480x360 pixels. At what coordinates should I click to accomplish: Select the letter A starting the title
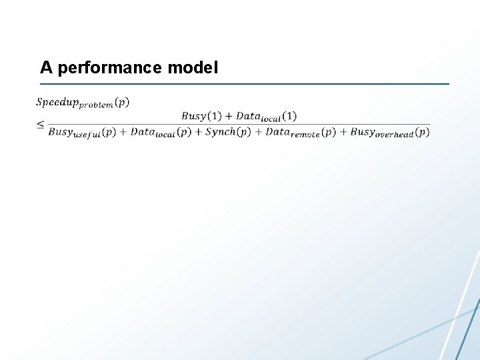(x=45, y=68)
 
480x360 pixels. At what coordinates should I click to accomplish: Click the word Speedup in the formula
(x=57, y=102)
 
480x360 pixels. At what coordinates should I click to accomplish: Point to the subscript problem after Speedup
(x=96, y=105)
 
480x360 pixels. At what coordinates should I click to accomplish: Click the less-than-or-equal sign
(x=41, y=124)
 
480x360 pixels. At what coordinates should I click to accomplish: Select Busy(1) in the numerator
(x=201, y=116)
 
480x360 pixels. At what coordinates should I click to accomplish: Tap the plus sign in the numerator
(x=228, y=116)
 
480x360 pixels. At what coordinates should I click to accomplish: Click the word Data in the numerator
(x=248, y=116)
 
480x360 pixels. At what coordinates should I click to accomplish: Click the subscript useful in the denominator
(x=87, y=135)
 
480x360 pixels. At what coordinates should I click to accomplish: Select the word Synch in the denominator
(x=220, y=132)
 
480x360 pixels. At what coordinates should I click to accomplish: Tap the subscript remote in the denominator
(x=305, y=135)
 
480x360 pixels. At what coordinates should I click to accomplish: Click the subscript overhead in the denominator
(x=395, y=135)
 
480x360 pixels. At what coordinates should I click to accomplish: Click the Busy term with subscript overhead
(x=362, y=132)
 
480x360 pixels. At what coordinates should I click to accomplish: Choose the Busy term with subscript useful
(x=60, y=132)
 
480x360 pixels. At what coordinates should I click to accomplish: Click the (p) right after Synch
(x=244, y=132)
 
